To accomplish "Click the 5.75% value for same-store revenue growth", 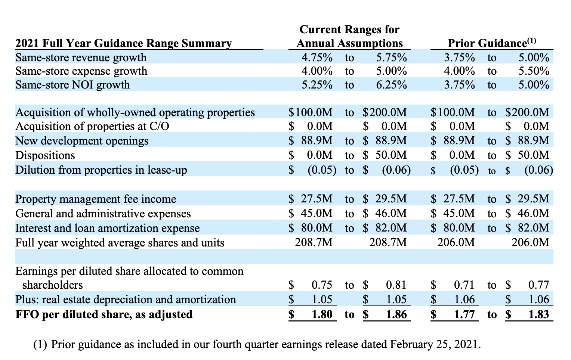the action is point(391,58).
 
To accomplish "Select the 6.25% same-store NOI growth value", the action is point(391,85).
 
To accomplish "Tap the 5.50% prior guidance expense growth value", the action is point(534,71).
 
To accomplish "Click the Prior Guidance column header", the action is point(487,43).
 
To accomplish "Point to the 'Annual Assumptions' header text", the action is point(349,43).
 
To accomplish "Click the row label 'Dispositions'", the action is point(45,155).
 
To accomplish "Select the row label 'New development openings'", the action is point(81,141).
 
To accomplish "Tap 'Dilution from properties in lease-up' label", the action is point(101,170).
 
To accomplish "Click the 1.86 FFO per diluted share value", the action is point(396,314).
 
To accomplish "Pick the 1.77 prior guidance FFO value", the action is point(464,314).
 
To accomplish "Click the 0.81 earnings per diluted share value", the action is point(396,285).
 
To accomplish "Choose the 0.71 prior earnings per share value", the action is point(464,285).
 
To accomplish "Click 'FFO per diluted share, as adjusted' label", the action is point(104,314).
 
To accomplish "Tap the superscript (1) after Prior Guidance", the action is point(532,40).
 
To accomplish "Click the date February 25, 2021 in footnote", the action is point(433,344).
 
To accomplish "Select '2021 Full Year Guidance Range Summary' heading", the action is point(123,43).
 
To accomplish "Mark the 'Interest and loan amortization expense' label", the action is point(107,228).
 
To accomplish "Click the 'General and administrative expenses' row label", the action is point(103,214).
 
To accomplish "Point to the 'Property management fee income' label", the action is point(95,199).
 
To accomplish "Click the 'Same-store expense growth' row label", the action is point(81,71).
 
